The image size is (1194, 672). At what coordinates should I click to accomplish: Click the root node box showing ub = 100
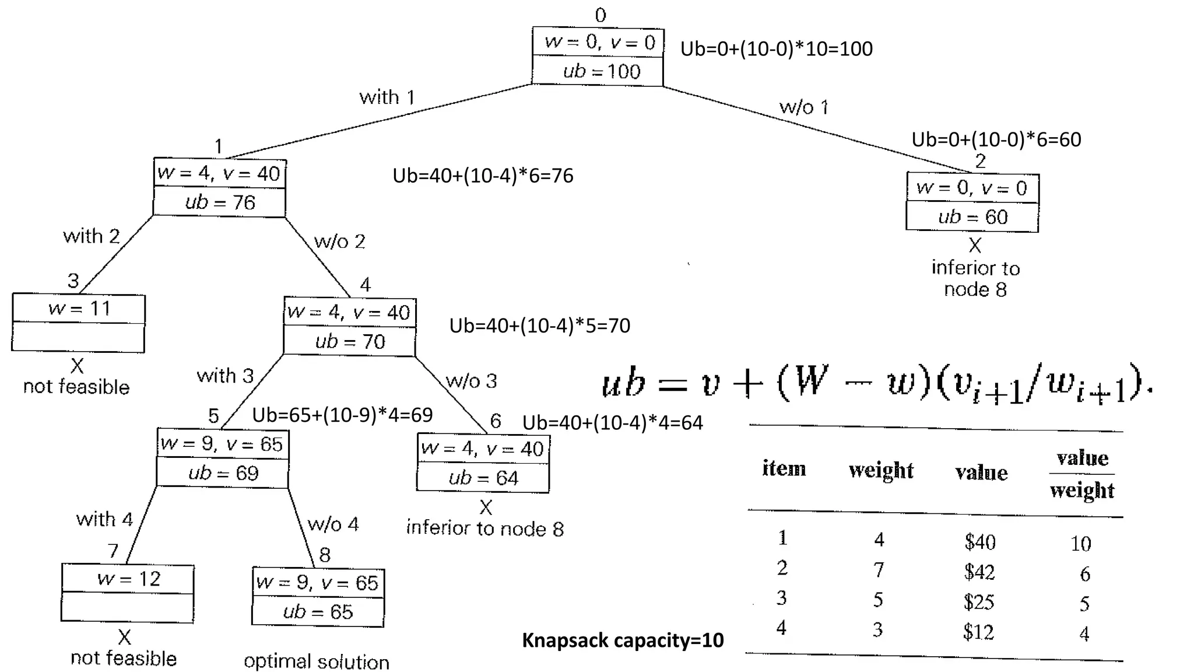598,57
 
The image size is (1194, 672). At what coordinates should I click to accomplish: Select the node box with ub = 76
220,187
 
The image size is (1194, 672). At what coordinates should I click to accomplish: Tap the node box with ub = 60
972,202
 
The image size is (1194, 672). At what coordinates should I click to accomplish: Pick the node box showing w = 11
79,323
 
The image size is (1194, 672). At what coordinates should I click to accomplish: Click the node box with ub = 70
350,326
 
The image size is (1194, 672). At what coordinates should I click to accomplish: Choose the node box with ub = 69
223,458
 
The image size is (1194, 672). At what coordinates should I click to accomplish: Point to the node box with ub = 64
483,463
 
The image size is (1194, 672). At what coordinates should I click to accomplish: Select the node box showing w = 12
128,593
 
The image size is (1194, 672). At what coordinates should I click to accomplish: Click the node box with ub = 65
318,597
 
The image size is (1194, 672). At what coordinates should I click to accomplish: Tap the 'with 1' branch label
387,97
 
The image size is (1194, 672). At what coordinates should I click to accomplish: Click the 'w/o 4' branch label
333,524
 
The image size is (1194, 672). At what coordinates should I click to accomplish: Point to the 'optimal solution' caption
317,661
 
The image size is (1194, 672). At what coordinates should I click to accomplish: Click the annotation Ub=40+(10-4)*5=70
540,325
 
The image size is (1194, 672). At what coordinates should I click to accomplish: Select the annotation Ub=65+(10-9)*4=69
342,415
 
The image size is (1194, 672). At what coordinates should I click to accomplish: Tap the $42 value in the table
979,572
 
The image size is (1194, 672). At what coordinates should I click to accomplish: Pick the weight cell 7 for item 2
879,569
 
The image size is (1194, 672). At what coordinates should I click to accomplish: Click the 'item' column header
784,468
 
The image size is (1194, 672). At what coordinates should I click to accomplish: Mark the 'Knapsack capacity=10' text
623,640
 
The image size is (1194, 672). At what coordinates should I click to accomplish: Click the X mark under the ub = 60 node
975,245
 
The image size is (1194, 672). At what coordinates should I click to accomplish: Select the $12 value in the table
978,631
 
